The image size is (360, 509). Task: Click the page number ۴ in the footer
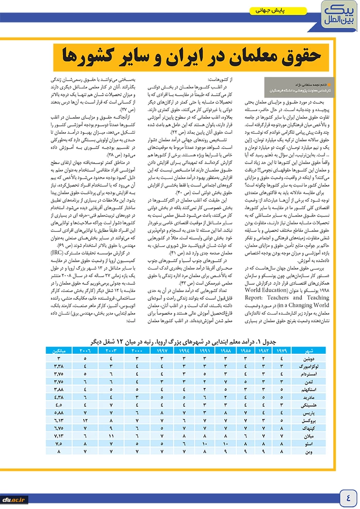[348, 498]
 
